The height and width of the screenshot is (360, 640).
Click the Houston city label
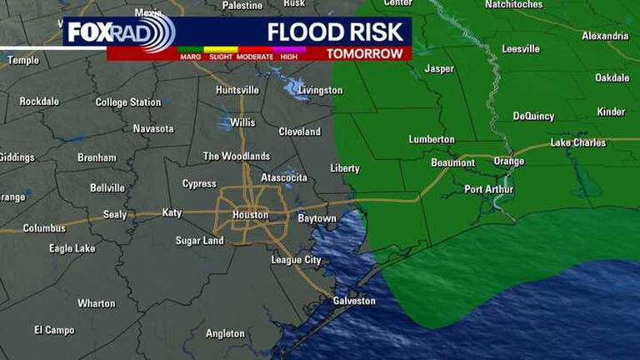[x=251, y=215]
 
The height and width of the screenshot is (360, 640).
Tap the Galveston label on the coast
[x=354, y=301]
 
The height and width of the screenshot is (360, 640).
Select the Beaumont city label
[x=452, y=162]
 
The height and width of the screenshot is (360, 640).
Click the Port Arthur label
[x=488, y=189]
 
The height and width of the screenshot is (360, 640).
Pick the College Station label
[x=128, y=102]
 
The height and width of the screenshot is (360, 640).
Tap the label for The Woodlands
[x=237, y=156]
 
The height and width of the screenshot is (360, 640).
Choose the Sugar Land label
[x=199, y=241]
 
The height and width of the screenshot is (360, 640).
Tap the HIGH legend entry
[x=289, y=57]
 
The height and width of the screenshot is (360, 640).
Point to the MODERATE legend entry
[x=255, y=57]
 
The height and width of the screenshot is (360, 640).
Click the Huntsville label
[x=237, y=90]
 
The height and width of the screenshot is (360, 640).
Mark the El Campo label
[x=54, y=330]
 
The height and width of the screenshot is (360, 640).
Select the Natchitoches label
[x=513, y=5]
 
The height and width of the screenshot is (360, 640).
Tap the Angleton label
[x=226, y=333]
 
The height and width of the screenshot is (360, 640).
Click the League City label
[x=296, y=260]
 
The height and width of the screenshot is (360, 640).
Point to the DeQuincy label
[x=533, y=116]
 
